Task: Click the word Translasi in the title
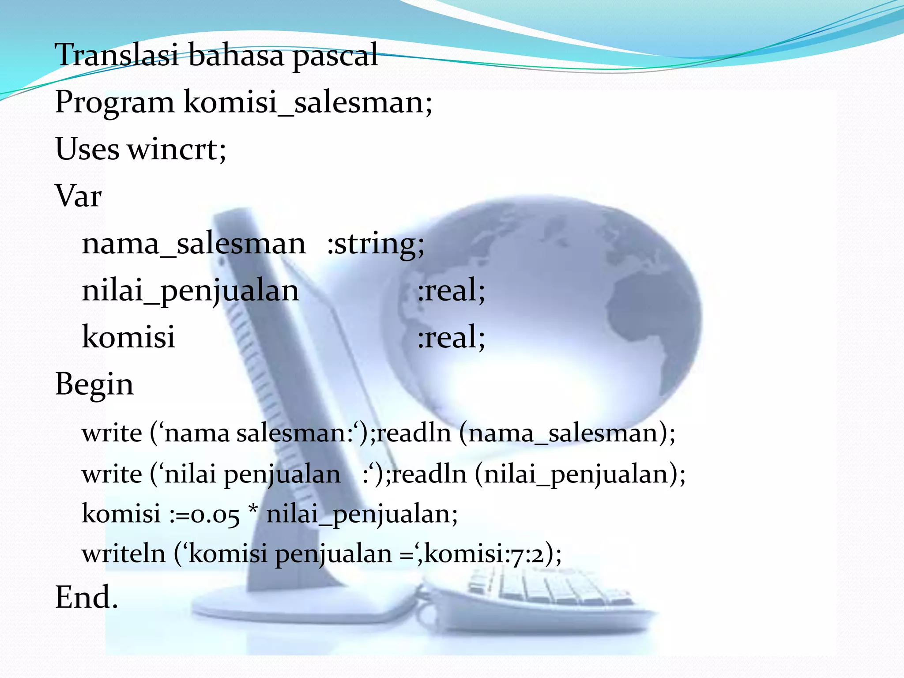117,55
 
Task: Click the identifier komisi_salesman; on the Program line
308,102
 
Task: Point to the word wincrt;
177,149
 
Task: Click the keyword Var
78,196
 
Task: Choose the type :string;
376,244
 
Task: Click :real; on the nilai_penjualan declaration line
451,290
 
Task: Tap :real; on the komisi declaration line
451,337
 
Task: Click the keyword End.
87,598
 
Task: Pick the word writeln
124,554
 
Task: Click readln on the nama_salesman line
414,433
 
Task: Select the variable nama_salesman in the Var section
194,244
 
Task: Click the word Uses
87,149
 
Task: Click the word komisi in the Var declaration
128,337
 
